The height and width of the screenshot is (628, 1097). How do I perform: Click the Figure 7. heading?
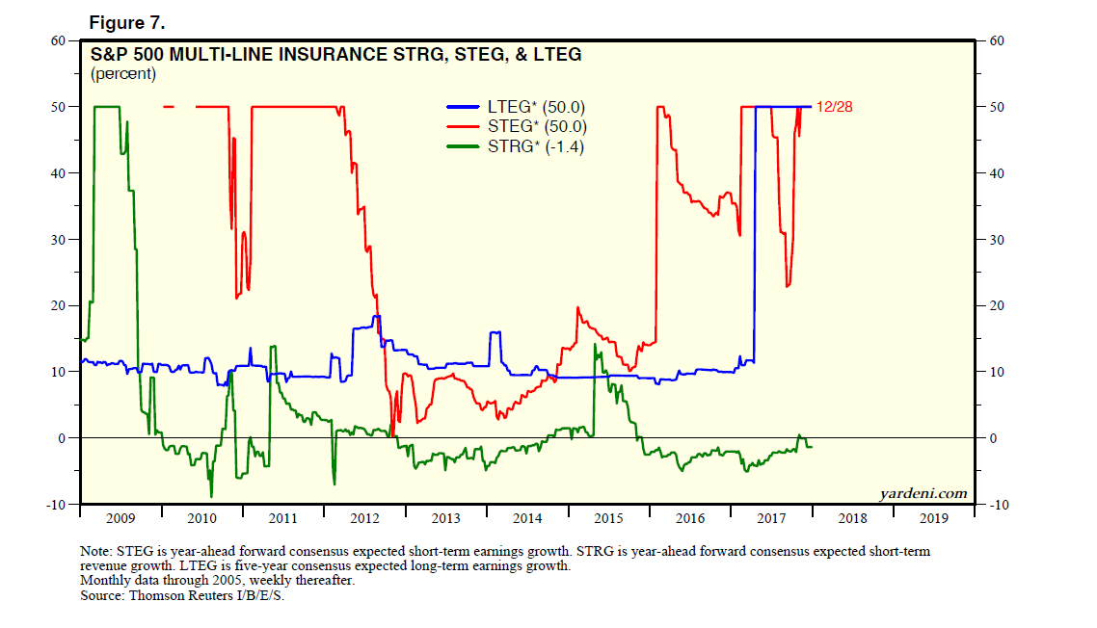[127, 21]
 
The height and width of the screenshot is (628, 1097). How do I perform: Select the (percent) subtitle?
[123, 74]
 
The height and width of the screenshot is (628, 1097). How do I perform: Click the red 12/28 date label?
[834, 107]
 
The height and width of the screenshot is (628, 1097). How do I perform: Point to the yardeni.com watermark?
[923, 493]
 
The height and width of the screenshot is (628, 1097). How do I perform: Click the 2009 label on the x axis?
[120, 518]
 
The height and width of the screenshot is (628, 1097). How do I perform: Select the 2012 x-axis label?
[364, 518]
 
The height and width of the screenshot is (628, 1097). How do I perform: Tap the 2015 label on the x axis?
[608, 518]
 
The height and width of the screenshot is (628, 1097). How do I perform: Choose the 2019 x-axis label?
[934, 518]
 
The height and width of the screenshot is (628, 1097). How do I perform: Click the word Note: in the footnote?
[99, 551]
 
